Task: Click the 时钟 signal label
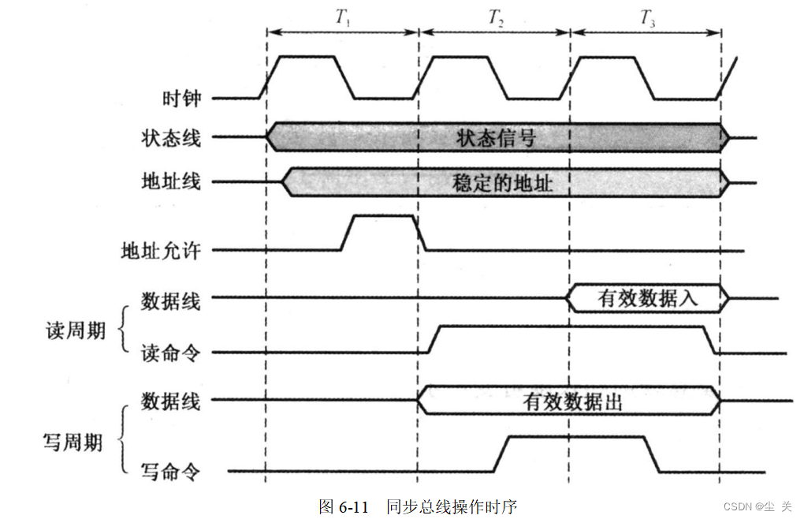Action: pos(181,99)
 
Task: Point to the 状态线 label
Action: pos(171,137)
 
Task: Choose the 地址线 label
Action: pos(171,181)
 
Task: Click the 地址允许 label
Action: pos(161,251)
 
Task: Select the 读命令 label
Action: pos(171,353)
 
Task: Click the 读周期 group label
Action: pos(75,330)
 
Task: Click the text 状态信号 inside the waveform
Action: pos(496,138)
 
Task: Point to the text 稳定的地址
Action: pos(502,183)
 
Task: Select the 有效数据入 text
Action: pos(648,299)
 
